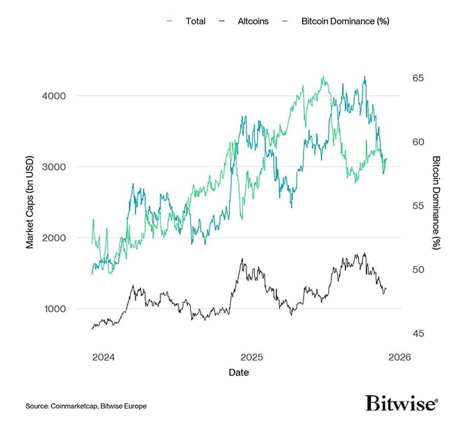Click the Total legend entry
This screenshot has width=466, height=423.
(x=195, y=21)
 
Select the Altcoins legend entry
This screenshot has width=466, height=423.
(x=252, y=21)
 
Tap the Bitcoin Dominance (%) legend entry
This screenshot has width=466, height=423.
(x=344, y=21)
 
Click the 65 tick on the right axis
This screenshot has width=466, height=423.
(x=419, y=78)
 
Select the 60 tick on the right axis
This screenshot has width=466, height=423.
(x=419, y=141)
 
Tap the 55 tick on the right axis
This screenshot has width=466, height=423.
(x=419, y=206)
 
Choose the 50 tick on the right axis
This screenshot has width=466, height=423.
(x=419, y=270)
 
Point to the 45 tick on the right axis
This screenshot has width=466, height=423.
(x=419, y=334)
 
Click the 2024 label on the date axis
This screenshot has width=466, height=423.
(x=103, y=358)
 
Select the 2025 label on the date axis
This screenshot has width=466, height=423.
(x=251, y=358)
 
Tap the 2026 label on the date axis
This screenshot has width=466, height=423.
(x=399, y=358)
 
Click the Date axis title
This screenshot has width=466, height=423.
(x=239, y=372)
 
